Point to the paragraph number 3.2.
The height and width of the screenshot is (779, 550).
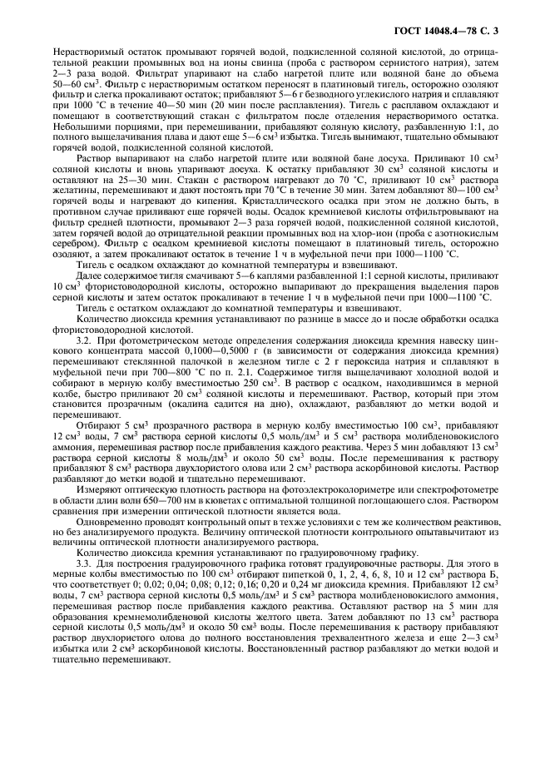83,341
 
